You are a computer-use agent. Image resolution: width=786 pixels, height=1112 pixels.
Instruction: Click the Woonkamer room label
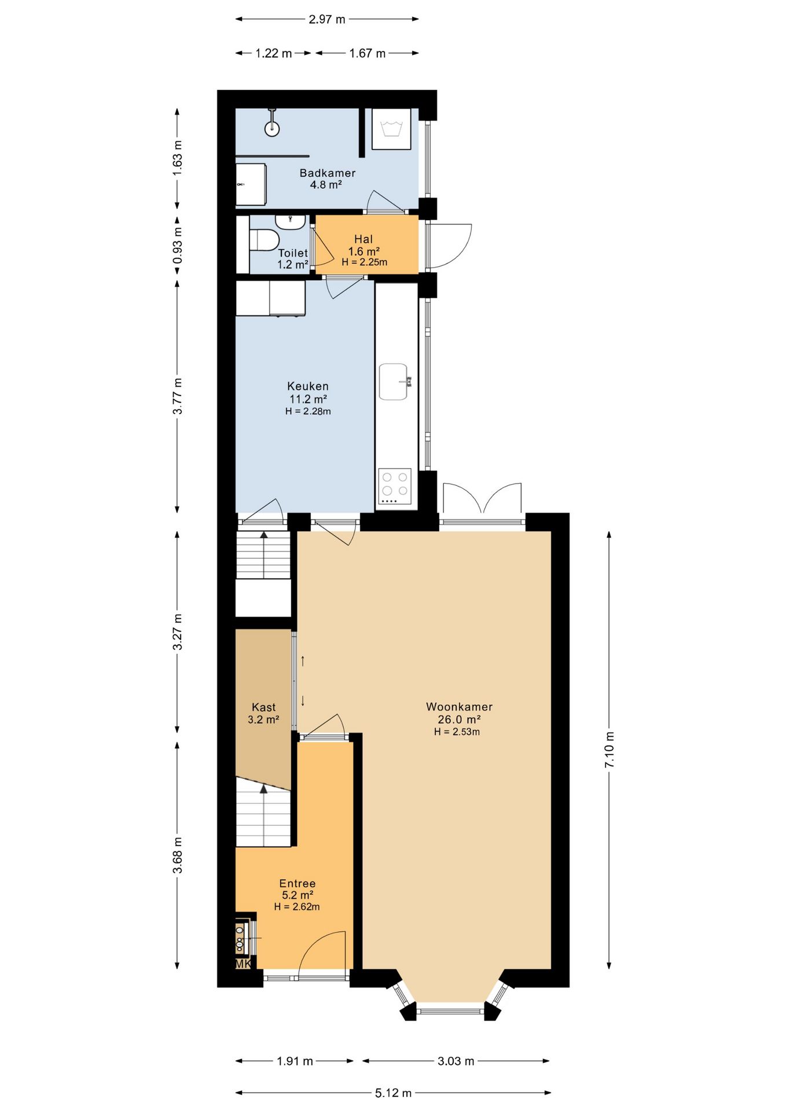click(459, 707)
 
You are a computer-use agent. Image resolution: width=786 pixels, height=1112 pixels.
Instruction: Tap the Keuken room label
click(308, 386)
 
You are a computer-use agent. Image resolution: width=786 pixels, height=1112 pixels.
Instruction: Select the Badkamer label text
click(327, 173)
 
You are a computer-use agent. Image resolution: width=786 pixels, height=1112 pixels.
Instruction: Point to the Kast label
click(263, 707)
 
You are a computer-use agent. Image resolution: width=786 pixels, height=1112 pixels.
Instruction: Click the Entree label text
click(297, 883)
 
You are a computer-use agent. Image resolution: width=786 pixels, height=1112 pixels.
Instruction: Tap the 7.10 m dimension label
click(609, 750)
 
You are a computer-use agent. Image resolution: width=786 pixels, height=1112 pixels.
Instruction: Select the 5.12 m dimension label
click(394, 1093)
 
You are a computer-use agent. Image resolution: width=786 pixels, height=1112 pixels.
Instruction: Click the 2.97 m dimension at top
click(327, 19)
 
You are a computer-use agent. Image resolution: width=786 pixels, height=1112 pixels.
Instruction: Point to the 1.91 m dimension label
click(295, 1061)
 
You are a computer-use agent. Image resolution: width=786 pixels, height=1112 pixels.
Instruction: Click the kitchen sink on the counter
click(394, 382)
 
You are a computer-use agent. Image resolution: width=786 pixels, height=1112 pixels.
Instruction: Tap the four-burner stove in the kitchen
click(395, 487)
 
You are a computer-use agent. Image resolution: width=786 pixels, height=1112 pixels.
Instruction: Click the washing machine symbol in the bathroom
click(391, 129)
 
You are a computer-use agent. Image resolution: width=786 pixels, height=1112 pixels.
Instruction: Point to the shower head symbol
click(272, 127)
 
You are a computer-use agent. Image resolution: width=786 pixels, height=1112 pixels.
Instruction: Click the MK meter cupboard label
click(244, 964)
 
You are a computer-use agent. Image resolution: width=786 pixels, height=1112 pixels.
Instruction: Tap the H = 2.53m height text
click(457, 731)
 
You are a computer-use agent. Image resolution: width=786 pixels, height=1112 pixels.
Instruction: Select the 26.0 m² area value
click(459, 719)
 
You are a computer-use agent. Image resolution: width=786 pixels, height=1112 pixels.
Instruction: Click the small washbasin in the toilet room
click(290, 222)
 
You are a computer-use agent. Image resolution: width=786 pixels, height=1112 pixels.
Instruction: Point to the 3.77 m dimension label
click(178, 396)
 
